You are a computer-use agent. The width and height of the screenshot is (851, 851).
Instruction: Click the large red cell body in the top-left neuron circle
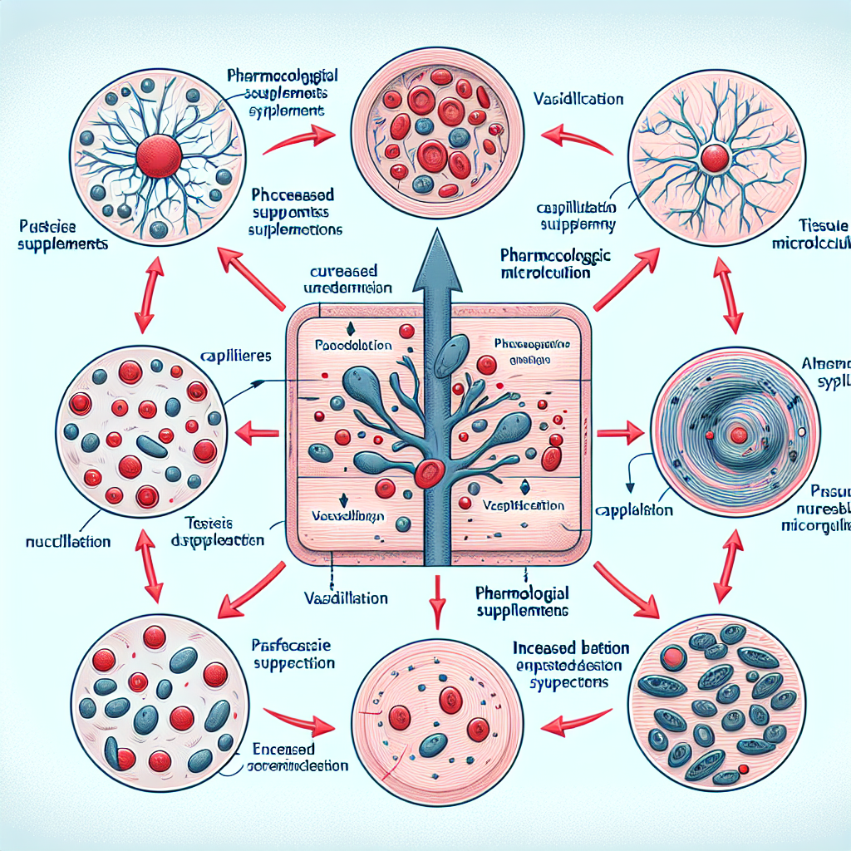[x=156, y=155]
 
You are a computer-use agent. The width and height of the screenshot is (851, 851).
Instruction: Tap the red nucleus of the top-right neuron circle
[x=713, y=158]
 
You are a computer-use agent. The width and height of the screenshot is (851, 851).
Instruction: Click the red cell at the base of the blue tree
[x=429, y=473]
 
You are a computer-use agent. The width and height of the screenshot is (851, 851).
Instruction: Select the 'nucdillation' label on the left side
[x=68, y=541]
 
